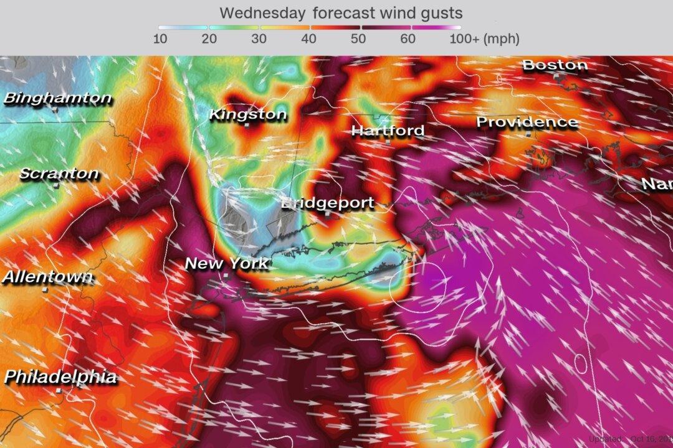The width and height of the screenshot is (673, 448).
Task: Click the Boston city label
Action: [x=555, y=65]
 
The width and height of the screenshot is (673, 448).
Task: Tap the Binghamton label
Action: [x=58, y=98]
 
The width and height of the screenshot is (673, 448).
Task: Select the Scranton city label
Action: [x=59, y=174]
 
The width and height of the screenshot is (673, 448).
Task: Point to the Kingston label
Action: [x=247, y=114]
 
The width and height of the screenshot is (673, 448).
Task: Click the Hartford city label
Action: [x=388, y=131]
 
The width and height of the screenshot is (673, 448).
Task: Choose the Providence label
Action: [x=527, y=122]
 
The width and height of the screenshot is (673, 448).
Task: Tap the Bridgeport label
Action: [x=328, y=203]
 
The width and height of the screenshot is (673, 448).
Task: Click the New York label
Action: [x=227, y=263]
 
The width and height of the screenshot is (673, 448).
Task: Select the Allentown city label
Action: [x=47, y=277]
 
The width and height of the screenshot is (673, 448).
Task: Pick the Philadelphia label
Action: [x=60, y=376]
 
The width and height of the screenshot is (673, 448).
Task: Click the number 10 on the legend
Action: [x=160, y=39]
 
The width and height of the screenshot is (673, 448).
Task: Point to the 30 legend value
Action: [x=259, y=39]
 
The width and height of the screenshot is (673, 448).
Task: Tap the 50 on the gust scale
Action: [x=359, y=39]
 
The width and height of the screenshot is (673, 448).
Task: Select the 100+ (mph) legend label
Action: [x=485, y=39]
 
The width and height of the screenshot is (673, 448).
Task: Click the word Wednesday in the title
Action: [x=262, y=12]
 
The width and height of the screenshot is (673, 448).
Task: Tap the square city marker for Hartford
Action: [x=388, y=141]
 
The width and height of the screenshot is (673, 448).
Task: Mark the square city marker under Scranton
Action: [x=56, y=185]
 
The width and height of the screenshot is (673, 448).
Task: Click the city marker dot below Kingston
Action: [x=247, y=125]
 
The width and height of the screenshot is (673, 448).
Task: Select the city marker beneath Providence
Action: [x=528, y=133]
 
